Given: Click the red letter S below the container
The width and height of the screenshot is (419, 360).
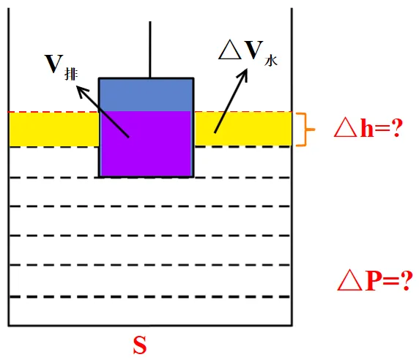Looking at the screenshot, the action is [x=140, y=345].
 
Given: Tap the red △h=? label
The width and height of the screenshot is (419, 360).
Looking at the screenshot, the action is [x=368, y=128].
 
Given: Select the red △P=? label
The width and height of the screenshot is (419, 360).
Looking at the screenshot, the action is [x=374, y=280].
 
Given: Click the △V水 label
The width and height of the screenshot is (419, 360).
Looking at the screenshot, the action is [x=248, y=53].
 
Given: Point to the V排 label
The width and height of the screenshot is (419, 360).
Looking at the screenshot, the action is [x=62, y=67].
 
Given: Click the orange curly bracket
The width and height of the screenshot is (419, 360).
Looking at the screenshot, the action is [x=305, y=130].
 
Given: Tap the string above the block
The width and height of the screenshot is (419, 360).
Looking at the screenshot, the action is [x=150, y=49].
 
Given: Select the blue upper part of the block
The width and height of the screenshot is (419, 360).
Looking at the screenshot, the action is [x=147, y=95].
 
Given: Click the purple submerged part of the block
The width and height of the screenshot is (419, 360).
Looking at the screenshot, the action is [x=147, y=143].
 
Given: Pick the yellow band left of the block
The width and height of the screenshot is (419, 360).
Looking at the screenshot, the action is [x=54, y=130].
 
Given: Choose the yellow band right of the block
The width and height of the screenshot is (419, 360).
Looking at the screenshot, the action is [x=243, y=129].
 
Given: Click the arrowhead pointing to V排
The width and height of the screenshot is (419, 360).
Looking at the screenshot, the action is [x=81, y=91].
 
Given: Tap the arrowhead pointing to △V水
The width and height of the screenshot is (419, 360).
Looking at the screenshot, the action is [x=243, y=75].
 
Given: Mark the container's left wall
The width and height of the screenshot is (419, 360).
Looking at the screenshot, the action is [x=9, y=167].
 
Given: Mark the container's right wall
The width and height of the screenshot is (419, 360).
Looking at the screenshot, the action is [x=292, y=167].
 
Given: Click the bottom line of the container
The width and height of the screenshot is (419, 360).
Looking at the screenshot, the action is [x=150, y=326].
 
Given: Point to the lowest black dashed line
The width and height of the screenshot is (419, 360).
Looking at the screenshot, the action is [x=149, y=296].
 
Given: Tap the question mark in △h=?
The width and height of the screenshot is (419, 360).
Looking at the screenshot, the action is [x=397, y=127].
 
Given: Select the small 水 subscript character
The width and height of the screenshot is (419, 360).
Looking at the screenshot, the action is [x=271, y=61].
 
